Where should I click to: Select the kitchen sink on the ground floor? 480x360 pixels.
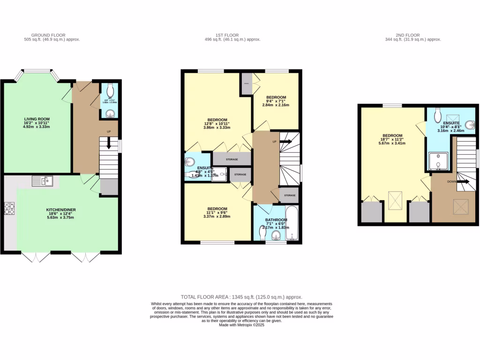tap(43, 180)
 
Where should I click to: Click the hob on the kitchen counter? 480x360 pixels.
tap(10, 208)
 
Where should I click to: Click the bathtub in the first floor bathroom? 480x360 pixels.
tap(292, 223)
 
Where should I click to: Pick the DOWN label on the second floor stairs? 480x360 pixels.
tap(452, 181)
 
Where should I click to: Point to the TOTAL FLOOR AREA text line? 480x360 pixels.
tap(241, 297)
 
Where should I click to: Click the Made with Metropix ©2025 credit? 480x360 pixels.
tap(241, 325)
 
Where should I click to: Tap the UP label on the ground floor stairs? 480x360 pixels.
tap(109, 132)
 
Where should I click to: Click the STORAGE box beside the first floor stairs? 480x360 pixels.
tap(289, 195)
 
